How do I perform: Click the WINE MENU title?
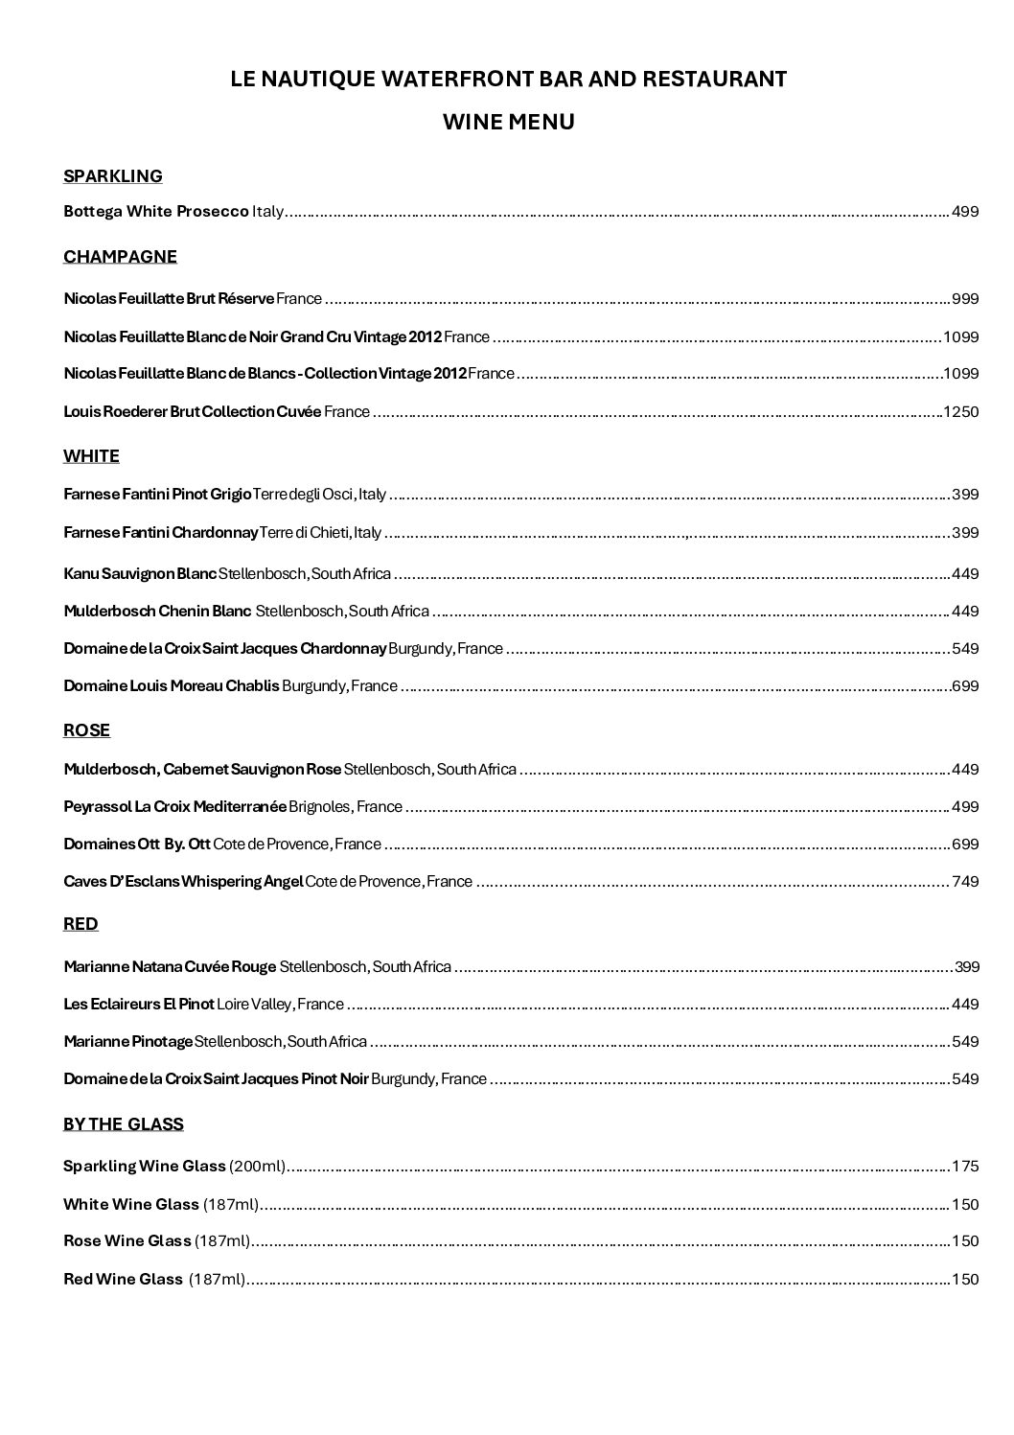508,123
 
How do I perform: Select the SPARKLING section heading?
113,176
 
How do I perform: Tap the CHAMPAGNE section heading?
120,257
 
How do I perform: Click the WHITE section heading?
91,456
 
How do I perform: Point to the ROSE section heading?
86,730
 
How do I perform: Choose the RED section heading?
81,924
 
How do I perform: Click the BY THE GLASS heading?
123,1124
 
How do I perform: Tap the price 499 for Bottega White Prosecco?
965,212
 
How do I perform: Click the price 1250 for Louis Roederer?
961,412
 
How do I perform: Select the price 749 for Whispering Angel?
965,882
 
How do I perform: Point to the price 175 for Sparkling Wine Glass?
965,1168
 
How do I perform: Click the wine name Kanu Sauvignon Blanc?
140,574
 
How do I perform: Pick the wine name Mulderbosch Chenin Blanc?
157,612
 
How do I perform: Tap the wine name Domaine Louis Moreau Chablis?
172,686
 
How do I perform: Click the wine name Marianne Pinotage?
128,1042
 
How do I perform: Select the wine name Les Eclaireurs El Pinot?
139,1005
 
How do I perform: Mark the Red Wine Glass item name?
123,1280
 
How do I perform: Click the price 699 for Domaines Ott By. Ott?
965,845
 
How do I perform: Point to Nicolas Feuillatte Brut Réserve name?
169,299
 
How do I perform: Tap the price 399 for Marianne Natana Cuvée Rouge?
967,967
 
